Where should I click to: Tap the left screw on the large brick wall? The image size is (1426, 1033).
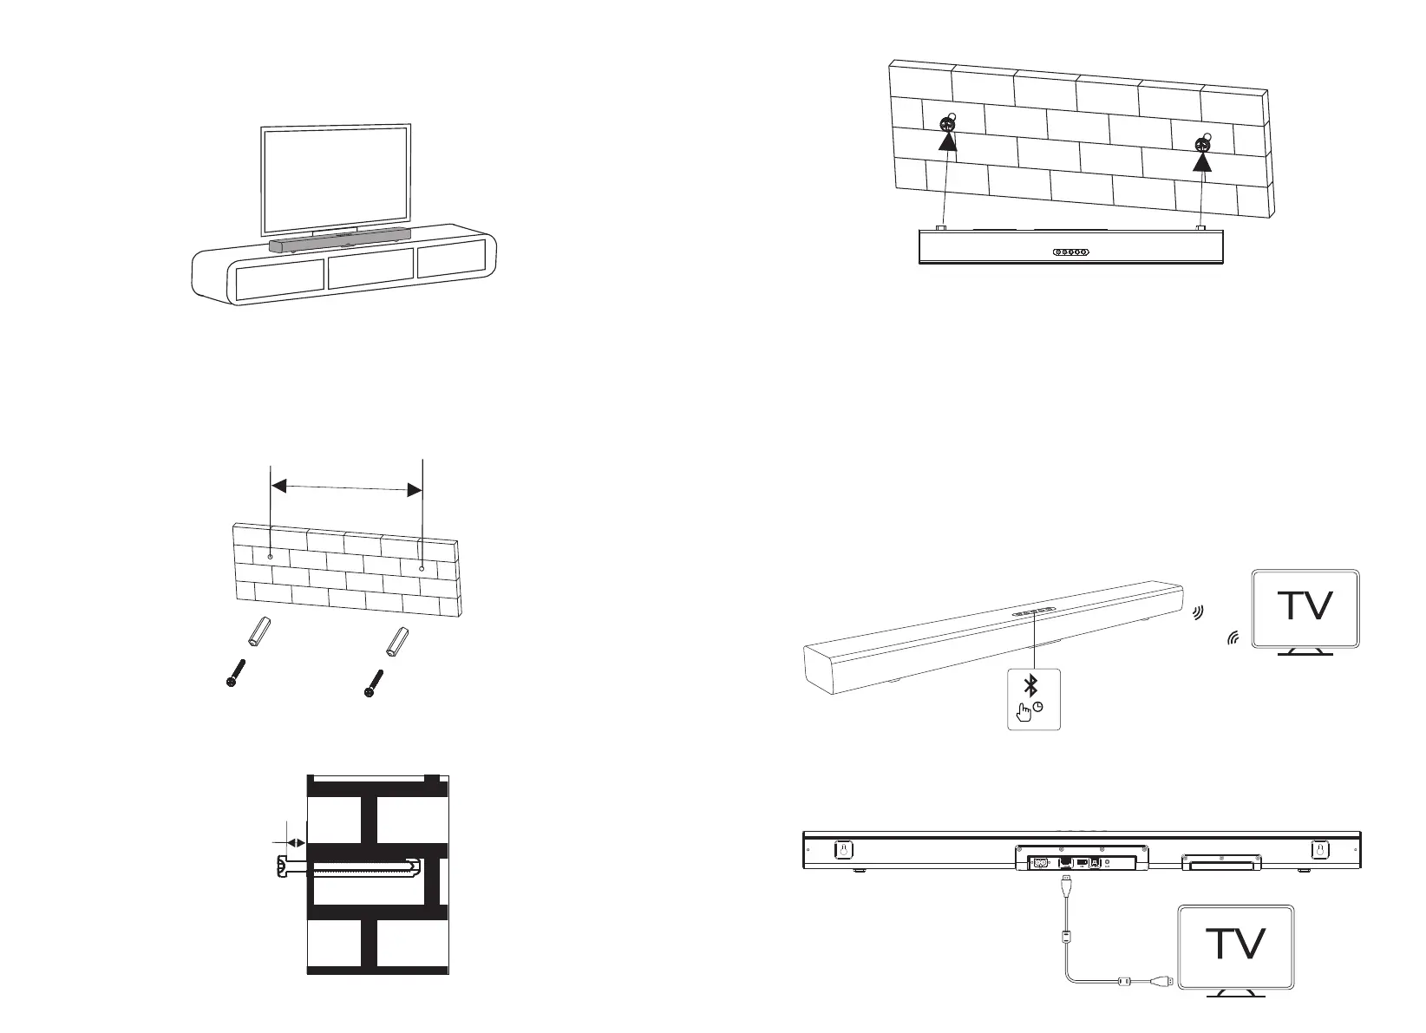click(x=946, y=124)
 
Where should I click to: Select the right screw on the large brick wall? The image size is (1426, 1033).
click(x=1201, y=145)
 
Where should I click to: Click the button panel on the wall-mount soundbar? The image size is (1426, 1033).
click(x=1070, y=252)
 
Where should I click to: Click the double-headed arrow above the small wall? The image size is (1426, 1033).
click(x=347, y=490)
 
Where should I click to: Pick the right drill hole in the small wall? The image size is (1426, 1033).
click(x=422, y=568)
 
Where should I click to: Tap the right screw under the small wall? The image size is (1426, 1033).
click(x=374, y=683)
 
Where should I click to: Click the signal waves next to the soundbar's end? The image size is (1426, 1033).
click(x=1199, y=614)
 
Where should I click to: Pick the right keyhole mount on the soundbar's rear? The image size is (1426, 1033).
click(x=1318, y=850)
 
